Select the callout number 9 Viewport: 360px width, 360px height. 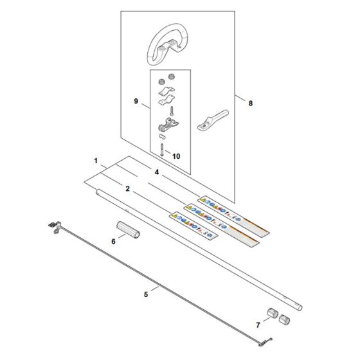tap(136, 101)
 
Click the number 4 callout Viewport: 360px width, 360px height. tap(156, 172)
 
